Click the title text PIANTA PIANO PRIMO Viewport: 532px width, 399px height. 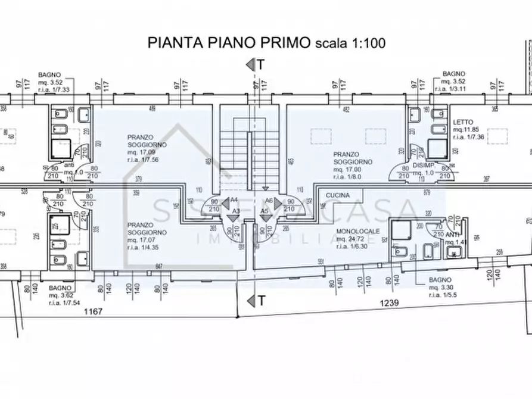click(229, 42)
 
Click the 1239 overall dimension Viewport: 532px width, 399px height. click(389, 303)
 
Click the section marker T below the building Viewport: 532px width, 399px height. click(261, 301)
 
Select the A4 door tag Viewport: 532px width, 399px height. click(234, 201)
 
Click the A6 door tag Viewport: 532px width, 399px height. click(269, 201)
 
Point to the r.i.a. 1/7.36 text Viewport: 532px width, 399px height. click(468, 137)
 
